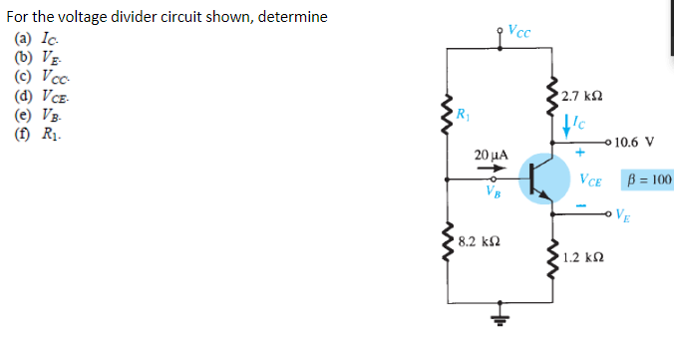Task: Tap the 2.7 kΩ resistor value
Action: tap(580, 97)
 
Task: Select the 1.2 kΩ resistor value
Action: tap(580, 257)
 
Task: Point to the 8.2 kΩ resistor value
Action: tap(477, 241)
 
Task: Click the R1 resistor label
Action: tap(463, 110)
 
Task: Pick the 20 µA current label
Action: tap(491, 156)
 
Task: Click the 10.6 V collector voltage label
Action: tap(634, 142)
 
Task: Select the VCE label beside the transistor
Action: tap(590, 180)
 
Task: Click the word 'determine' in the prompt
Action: tap(293, 18)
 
